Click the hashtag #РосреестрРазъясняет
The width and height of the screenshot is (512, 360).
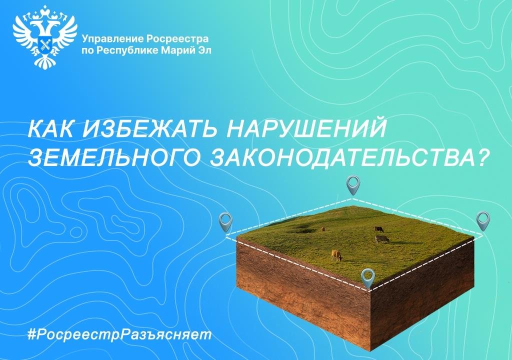tap(119, 335)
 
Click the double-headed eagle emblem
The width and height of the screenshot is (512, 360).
tap(45, 37)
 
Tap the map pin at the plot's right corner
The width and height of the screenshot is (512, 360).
tap(483, 220)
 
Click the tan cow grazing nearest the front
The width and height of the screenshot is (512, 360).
tap(336, 255)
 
